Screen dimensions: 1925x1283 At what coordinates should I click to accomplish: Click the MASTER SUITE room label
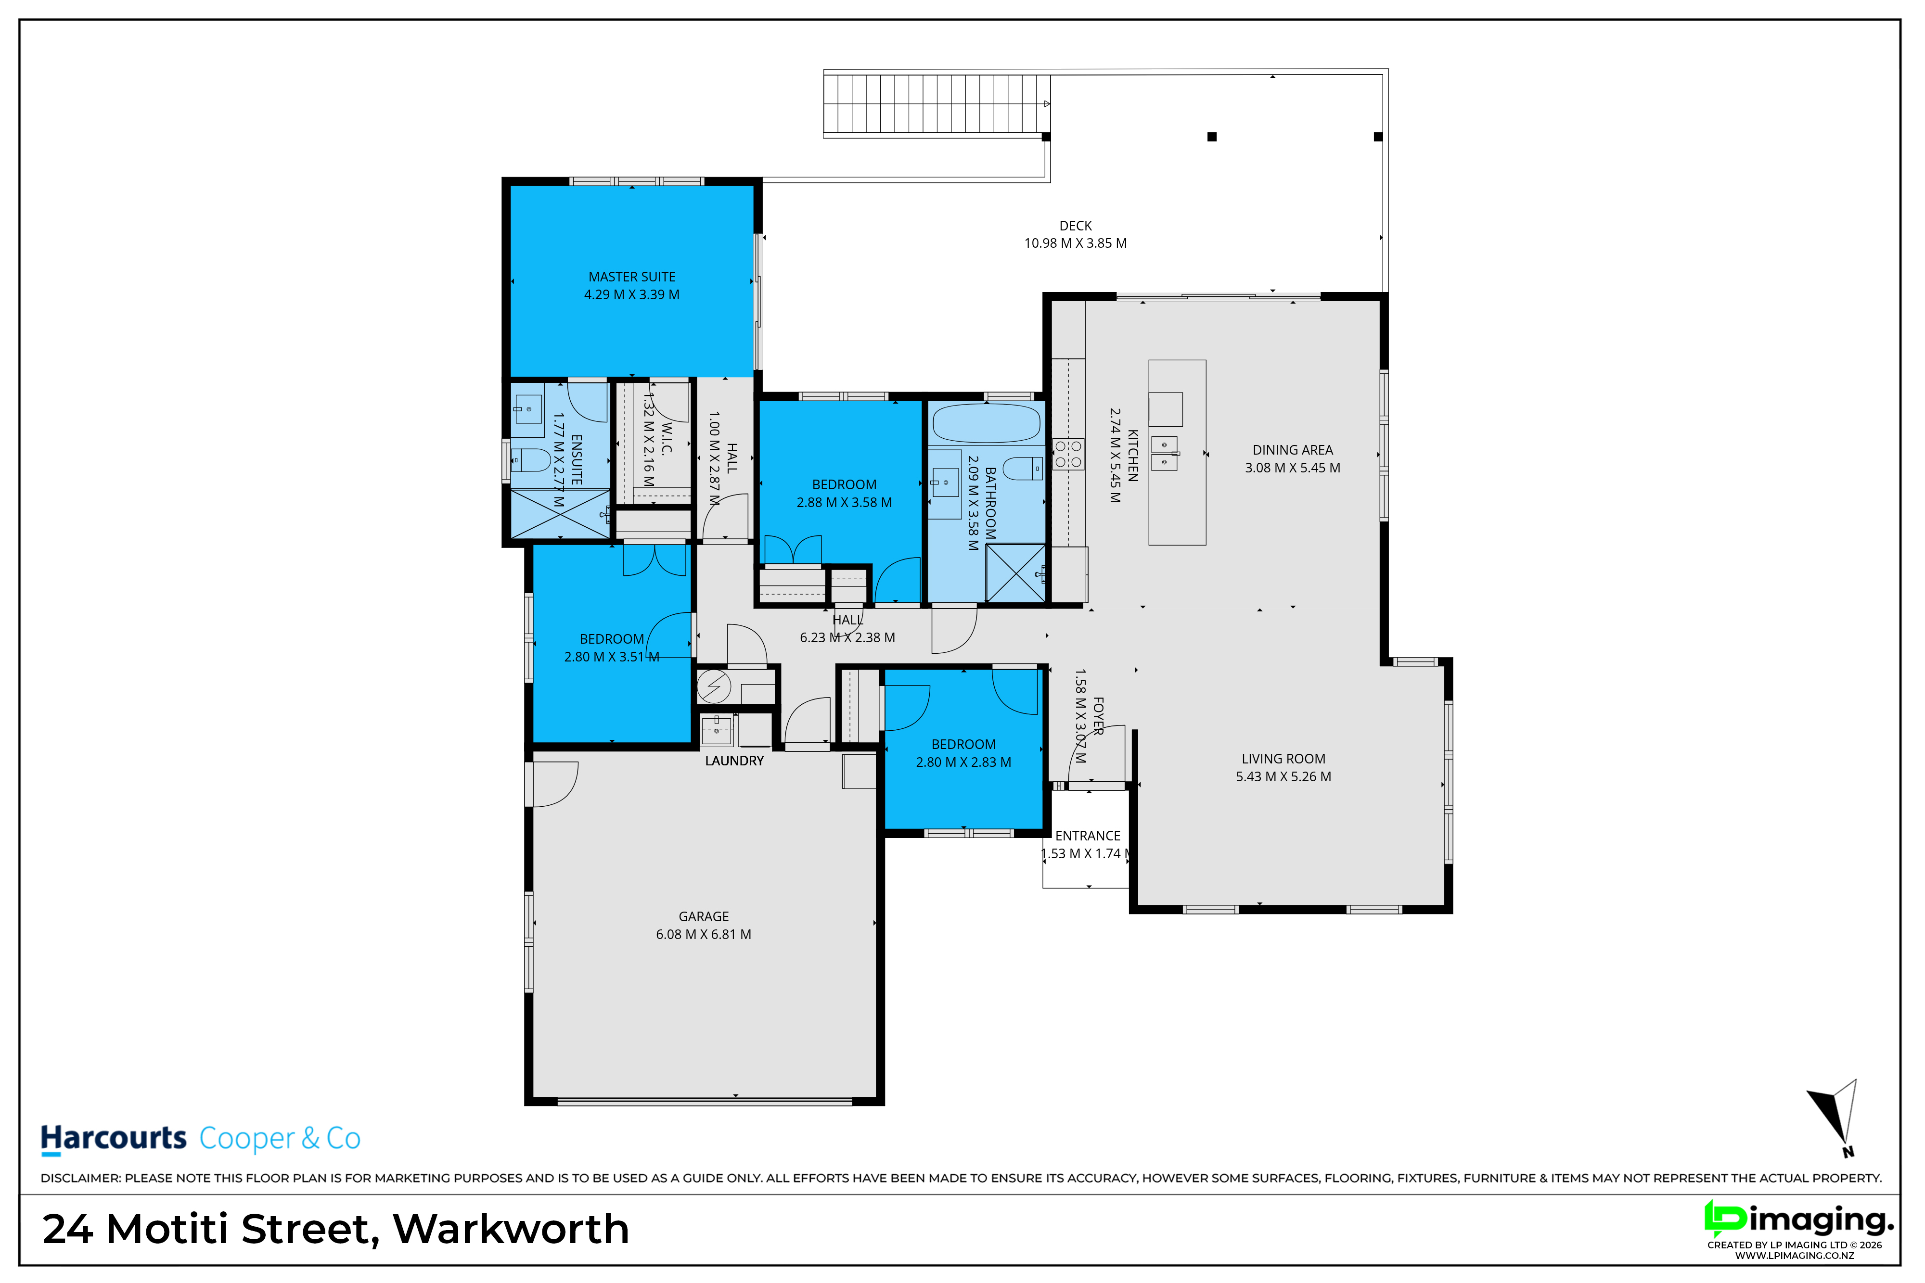632,277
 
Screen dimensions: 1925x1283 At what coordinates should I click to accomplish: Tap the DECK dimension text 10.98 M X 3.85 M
1076,243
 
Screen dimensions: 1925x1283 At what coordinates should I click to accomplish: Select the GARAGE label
703,916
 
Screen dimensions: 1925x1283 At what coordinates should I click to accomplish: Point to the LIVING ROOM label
1283,759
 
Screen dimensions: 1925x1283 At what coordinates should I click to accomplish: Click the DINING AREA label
1292,450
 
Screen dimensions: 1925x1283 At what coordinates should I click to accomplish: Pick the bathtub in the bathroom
986,423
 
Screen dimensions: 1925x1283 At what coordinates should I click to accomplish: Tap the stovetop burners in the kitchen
1068,454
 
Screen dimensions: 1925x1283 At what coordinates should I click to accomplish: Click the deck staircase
937,104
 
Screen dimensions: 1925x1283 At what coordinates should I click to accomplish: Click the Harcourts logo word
114,1138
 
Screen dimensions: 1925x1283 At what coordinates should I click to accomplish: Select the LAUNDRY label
734,761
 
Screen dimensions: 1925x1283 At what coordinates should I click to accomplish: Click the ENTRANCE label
1088,836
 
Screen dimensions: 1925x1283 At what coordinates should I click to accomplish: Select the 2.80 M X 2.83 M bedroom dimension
963,762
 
